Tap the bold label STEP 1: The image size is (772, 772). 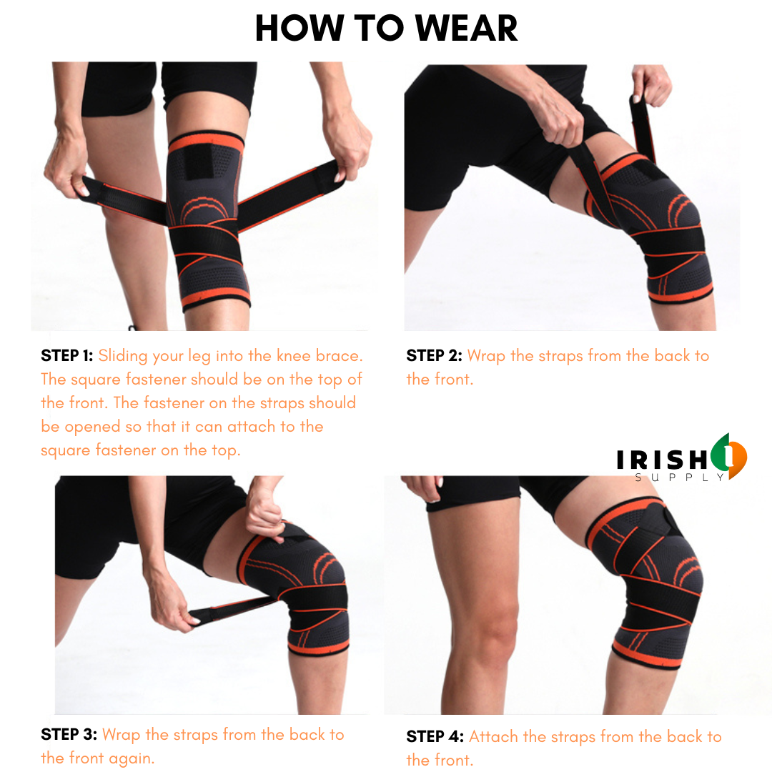[x=67, y=355]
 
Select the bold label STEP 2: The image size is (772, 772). [x=434, y=355]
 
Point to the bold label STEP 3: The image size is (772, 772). [x=69, y=734]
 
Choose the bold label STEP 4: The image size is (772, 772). [x=435, y=736]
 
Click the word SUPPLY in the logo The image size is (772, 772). [x=680, y=477]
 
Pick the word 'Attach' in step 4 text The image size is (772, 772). [x=490, y=736]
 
